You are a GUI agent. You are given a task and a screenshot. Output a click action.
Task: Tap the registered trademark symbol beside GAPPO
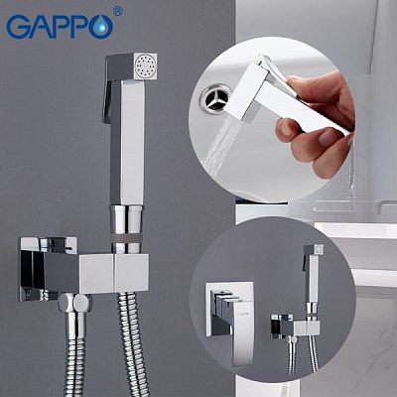[118, 12]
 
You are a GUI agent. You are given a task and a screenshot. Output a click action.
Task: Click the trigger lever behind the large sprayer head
[108, 94]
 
